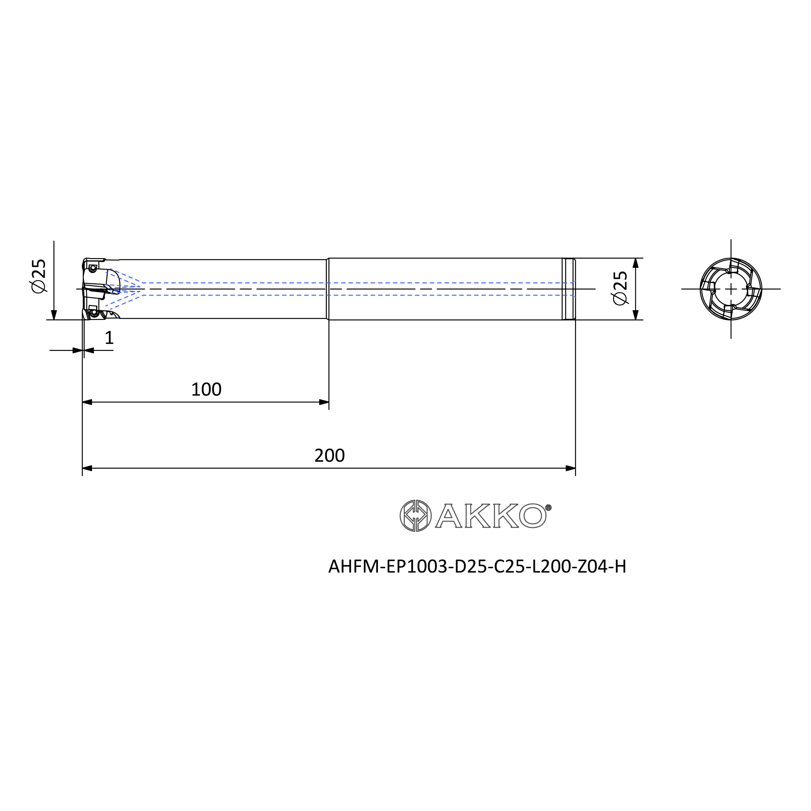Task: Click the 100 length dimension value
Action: [206, 390]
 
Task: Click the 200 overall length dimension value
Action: [330, 455]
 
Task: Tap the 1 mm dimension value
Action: [109, 337]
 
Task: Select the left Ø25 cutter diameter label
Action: [39, 276]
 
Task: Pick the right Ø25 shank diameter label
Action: [620, 288]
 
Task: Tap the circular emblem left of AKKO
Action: [416, 515]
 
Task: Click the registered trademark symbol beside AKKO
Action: [548, 508]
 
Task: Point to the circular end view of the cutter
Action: [731, 289]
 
